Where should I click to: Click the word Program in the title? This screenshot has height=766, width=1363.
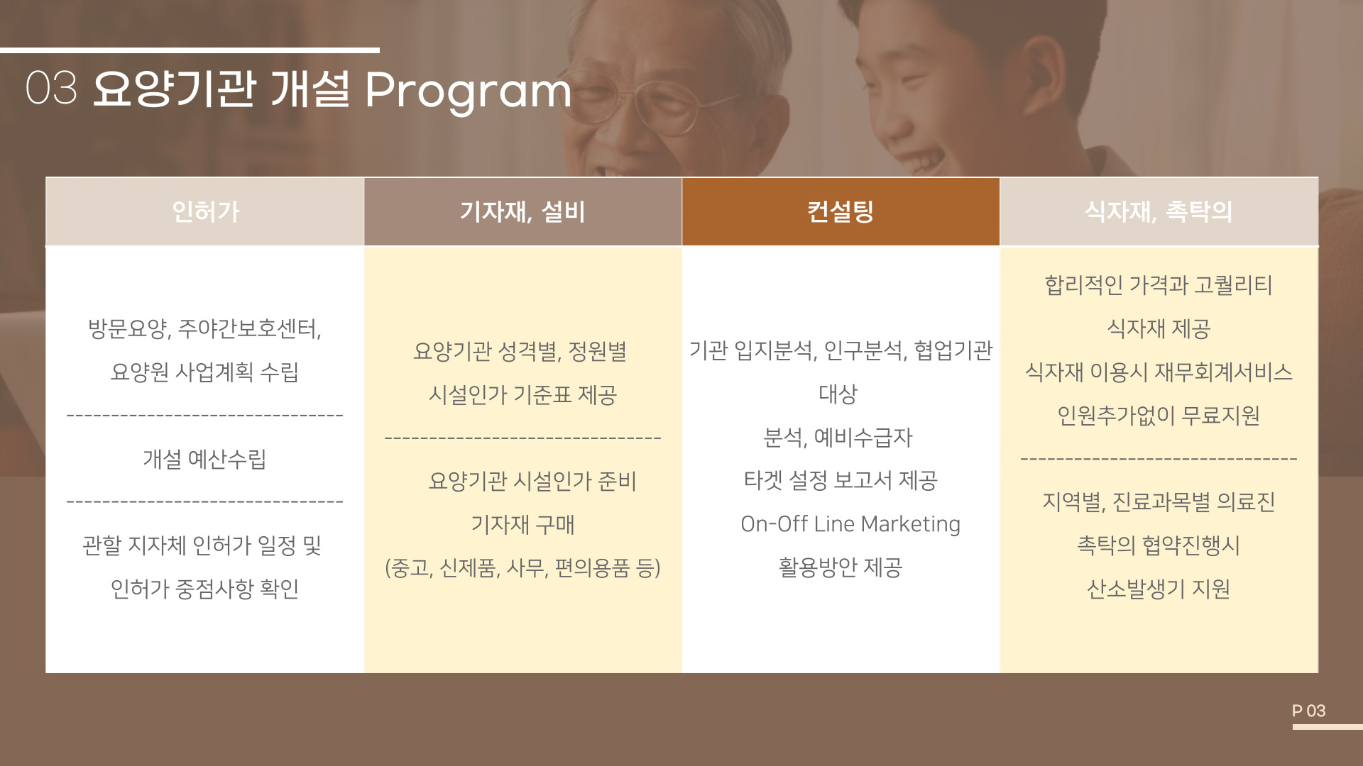(x=468, y=91)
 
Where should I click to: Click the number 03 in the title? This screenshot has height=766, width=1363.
(x=51, y=89)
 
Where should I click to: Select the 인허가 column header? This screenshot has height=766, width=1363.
(x=205, y=211)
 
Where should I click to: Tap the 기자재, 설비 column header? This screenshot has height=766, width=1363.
(x=523, y=211)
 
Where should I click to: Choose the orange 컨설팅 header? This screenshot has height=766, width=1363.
(x=841, y=211)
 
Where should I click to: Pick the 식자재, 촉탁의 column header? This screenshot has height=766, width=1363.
(x=1159, y=211)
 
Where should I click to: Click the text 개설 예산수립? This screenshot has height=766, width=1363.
(x=204, y=459)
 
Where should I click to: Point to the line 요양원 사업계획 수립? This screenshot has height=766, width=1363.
(x=204, y=372)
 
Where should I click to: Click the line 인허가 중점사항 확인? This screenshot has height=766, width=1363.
(x=204, y=589)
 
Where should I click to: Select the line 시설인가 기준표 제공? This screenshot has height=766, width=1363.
(x=522, y=394)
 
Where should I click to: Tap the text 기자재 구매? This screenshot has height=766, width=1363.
(x=522, y=524)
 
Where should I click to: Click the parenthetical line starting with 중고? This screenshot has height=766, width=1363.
(x=522, y=567)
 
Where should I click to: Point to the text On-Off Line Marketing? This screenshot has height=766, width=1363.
(x=850, y=523)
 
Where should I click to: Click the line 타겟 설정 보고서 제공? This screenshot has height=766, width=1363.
(x=841, y=480)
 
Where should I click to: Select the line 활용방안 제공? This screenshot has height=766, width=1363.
(x=841, y=567)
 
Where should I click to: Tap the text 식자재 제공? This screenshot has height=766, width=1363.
(x=1159, y=328)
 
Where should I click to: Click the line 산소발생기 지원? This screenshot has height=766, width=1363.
(x=1159, y=589)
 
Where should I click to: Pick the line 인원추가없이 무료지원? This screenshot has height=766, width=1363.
(x=1159, y=415)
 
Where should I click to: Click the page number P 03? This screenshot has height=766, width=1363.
(x=1308, y=711)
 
